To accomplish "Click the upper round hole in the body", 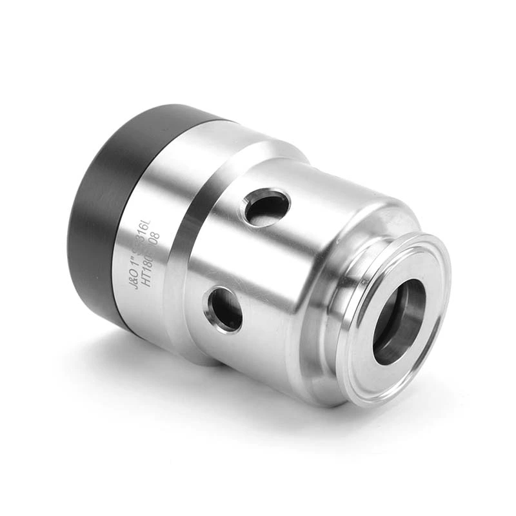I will coord(266,208).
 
